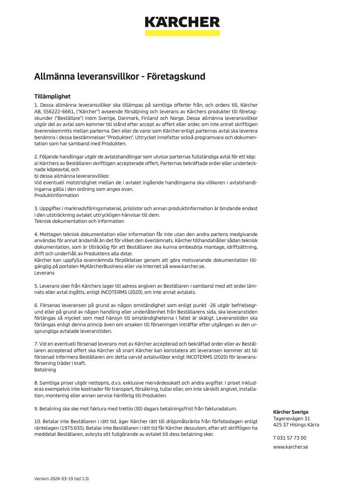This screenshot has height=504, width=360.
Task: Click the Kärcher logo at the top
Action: point(182,22)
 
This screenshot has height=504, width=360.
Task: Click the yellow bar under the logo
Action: point(182,33)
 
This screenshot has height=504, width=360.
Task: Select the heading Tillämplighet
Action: point(52,96)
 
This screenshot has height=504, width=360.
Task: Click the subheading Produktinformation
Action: point(56,195)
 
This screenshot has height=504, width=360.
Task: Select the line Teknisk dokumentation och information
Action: point(79,221)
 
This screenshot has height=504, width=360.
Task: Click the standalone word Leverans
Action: point(44,273)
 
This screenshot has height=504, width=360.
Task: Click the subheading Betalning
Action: point(45,370)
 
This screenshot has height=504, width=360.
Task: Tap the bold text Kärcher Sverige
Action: point(291,412)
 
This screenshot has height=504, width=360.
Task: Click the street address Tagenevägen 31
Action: point(291,419)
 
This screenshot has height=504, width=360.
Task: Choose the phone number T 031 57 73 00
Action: point(289,438)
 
